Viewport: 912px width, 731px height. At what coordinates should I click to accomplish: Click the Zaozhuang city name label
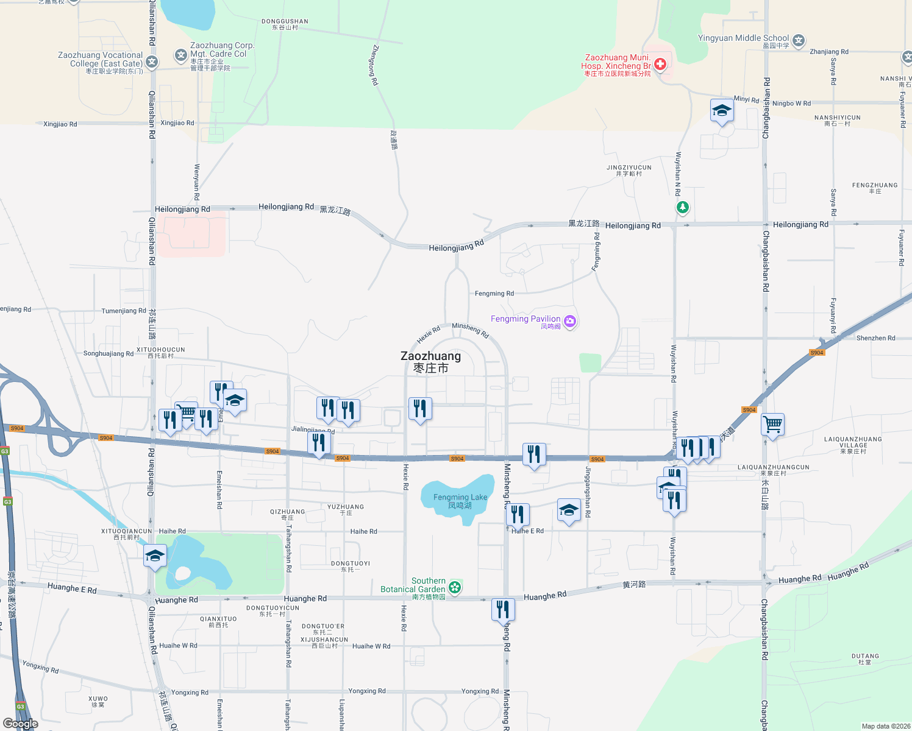[430, 361]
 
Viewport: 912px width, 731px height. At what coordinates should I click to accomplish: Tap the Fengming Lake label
[460, 501]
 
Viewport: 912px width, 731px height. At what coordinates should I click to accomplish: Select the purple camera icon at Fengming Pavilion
[570, 321]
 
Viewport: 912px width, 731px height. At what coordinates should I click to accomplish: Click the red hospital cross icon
[660, 64]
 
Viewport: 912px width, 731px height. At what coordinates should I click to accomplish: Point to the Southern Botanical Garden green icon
[454, 587]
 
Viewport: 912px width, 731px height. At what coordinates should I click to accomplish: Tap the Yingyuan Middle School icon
[799, 41]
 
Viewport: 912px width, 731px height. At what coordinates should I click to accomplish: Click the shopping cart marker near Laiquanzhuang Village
[772, 424]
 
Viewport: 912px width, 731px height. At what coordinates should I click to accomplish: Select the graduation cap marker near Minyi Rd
[722, 111]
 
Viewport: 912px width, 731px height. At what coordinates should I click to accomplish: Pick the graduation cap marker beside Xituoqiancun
[155, 556]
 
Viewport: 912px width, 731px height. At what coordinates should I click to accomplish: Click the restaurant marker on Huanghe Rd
[503, 610]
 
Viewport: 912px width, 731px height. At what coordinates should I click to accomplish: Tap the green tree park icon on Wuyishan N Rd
[682, 208]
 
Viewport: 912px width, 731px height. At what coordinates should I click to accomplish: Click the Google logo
[21, 723]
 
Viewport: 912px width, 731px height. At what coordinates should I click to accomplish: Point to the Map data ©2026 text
[886, 726]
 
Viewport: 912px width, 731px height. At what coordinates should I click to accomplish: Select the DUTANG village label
[865, 659]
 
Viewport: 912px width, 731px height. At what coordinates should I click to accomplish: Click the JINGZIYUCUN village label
[629, 170]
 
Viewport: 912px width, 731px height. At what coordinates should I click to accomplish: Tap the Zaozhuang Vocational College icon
[152, 62]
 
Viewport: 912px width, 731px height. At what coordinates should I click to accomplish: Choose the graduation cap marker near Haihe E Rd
[569, 510]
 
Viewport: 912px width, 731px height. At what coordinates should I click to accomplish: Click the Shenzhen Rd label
[875, 338]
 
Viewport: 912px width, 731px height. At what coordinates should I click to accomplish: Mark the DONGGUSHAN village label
[285, 24]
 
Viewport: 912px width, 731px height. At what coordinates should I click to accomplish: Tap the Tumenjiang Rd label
[124, 311]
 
